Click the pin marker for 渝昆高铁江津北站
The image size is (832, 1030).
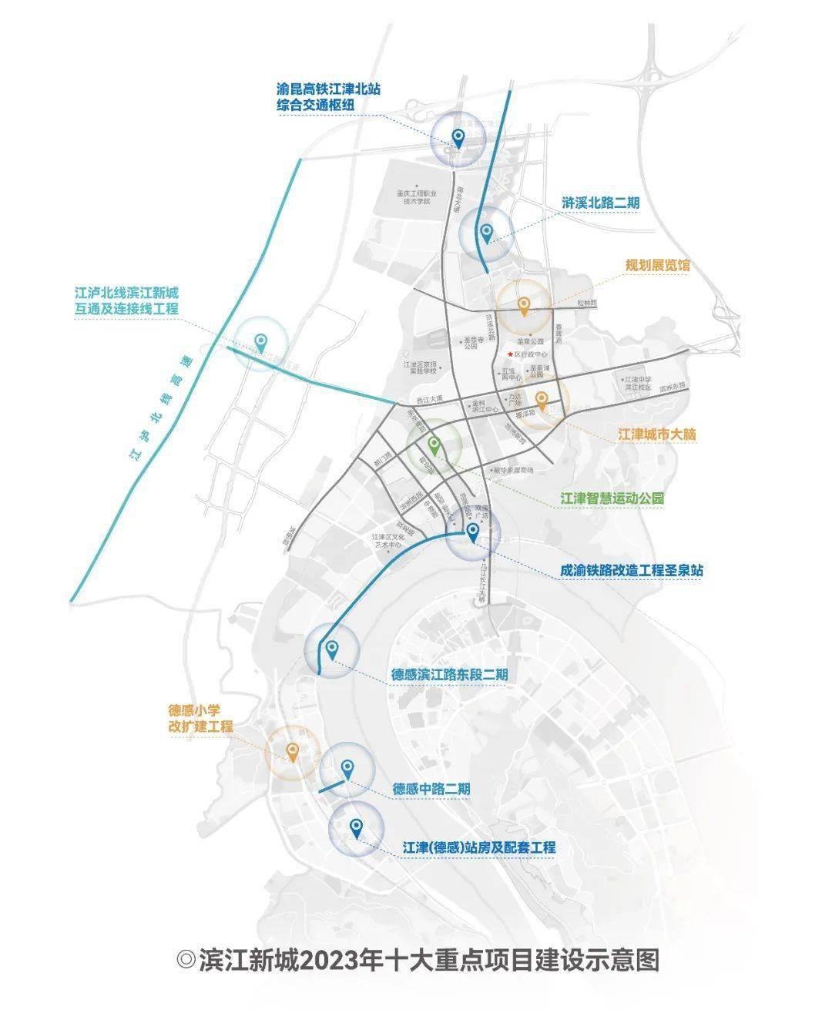point(458,139)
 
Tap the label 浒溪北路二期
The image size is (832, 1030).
point(601,203)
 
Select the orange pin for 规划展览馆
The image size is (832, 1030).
point(523,306)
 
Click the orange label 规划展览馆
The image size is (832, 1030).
point(657,265)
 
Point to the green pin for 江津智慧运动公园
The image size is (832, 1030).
point(434,445)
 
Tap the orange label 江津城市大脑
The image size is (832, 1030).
point(657,434)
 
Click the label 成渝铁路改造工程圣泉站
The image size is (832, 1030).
point(631,571)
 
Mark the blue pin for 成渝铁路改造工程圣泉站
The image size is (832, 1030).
point(473,532)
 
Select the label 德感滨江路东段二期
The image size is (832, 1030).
point(449,674)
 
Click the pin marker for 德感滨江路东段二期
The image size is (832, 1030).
point(332,649)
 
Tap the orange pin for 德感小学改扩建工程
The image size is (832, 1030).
point(292,751)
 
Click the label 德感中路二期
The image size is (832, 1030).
point(431,789)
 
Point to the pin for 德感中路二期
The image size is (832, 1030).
point(347,767)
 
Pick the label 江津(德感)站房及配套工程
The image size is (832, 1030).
point(478,847)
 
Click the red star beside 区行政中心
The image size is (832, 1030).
point(509,354)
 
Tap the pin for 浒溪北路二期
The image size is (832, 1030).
point(486,231)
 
